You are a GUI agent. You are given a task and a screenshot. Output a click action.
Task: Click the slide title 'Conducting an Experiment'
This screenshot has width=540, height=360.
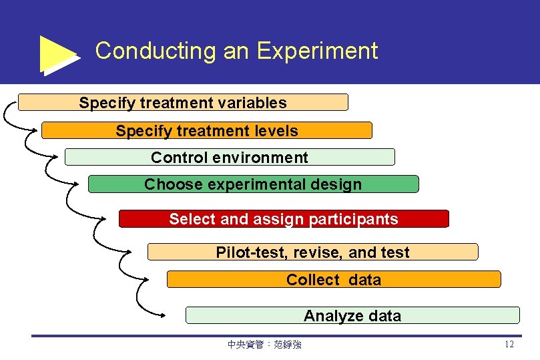point(236,51)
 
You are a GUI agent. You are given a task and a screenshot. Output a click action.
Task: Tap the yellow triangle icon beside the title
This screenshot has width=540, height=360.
point(58,54)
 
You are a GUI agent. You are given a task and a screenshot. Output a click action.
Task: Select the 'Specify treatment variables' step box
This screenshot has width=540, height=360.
point(183,102)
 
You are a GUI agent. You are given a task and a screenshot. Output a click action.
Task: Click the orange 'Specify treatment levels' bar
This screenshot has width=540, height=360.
point(206,130)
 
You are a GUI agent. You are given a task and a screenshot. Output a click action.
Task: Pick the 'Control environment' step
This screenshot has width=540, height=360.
point(230,158)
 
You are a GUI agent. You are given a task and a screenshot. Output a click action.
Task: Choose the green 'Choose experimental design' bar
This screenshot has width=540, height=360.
point(253,184)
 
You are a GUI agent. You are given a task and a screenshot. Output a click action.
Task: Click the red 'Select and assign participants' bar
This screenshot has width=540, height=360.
point(284,219)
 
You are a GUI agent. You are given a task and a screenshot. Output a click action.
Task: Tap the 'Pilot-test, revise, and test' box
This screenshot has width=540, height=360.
point(312,252)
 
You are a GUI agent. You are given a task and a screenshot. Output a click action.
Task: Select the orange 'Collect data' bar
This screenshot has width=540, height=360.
point(333,279)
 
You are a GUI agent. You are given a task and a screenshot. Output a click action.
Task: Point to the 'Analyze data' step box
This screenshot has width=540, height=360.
point(352,315)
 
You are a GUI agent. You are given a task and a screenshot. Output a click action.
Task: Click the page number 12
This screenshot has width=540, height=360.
point(509,345)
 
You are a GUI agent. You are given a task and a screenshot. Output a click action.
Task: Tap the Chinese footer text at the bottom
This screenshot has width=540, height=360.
point(264,345)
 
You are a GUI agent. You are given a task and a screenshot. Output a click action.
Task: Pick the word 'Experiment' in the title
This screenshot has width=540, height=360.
point(317,51)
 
